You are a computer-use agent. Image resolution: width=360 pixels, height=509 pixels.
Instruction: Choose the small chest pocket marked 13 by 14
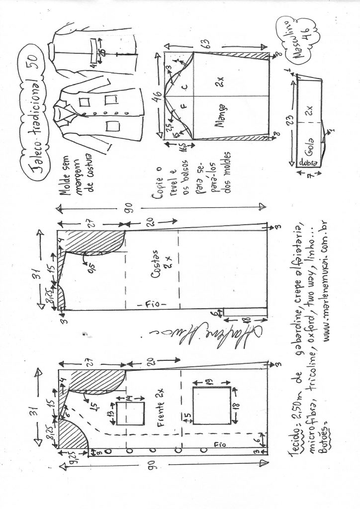pyautogui.click(x=131, y=414)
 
